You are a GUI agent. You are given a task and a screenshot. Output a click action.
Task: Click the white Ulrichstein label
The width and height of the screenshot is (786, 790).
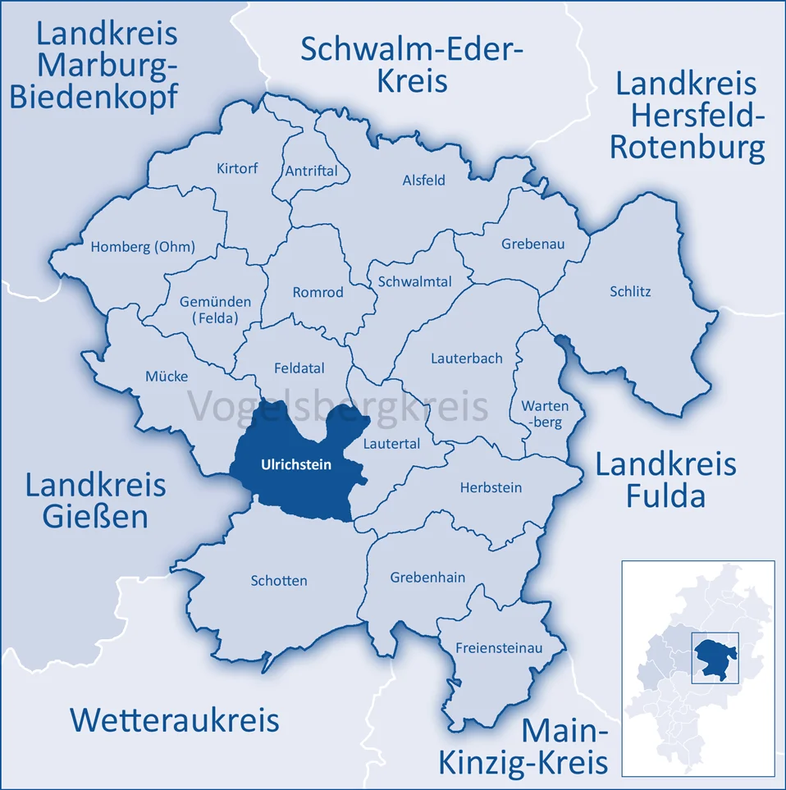295,464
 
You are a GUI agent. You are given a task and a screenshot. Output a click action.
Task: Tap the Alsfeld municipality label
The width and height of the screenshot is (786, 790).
423,180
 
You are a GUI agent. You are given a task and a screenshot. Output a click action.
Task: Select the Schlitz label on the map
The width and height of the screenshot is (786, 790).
630,291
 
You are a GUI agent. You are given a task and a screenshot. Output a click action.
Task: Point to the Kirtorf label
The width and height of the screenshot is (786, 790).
237,168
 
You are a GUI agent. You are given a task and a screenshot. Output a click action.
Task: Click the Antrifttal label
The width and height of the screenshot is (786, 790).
311,171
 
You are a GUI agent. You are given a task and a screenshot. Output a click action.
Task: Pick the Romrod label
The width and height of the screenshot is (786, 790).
318,292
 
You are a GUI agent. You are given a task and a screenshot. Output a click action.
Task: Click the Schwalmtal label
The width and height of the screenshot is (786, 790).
414,281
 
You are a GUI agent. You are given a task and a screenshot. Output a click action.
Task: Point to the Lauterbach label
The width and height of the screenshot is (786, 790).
466,358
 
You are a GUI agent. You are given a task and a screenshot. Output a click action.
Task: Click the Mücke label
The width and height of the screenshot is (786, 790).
167,377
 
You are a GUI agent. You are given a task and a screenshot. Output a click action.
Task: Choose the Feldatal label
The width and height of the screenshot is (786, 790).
292,369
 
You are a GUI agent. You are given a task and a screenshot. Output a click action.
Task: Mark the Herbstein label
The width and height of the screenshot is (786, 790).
491,487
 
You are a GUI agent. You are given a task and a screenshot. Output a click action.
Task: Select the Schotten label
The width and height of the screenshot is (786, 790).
279,580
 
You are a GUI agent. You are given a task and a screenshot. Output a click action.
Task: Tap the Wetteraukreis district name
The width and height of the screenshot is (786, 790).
175,720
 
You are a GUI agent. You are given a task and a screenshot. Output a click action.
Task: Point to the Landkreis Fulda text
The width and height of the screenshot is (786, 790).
665,480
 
